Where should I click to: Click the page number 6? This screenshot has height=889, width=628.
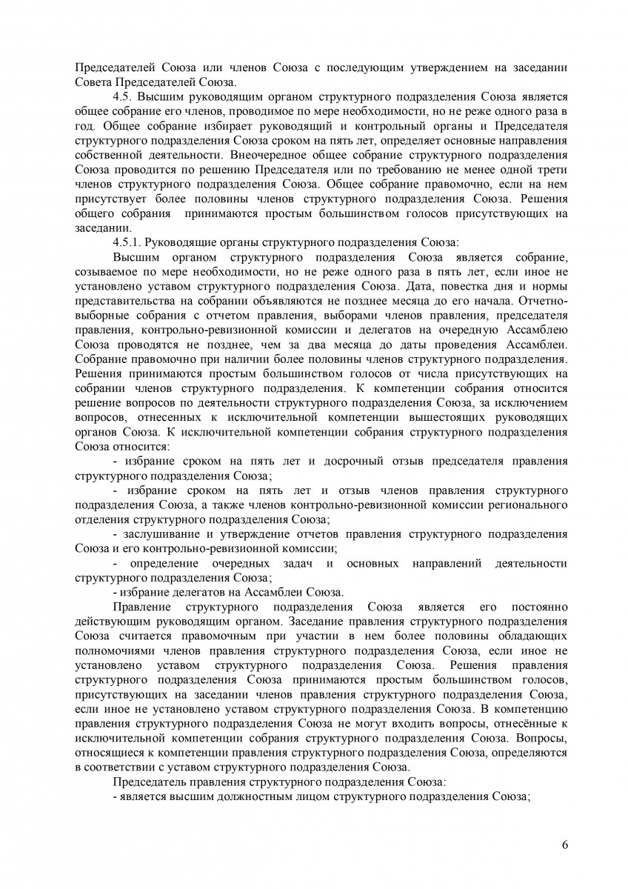click(x=564, y=845)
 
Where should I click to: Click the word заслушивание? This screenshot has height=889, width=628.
click(x=162, y=533)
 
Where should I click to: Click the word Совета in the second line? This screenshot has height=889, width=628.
click(x=93, y=82)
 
